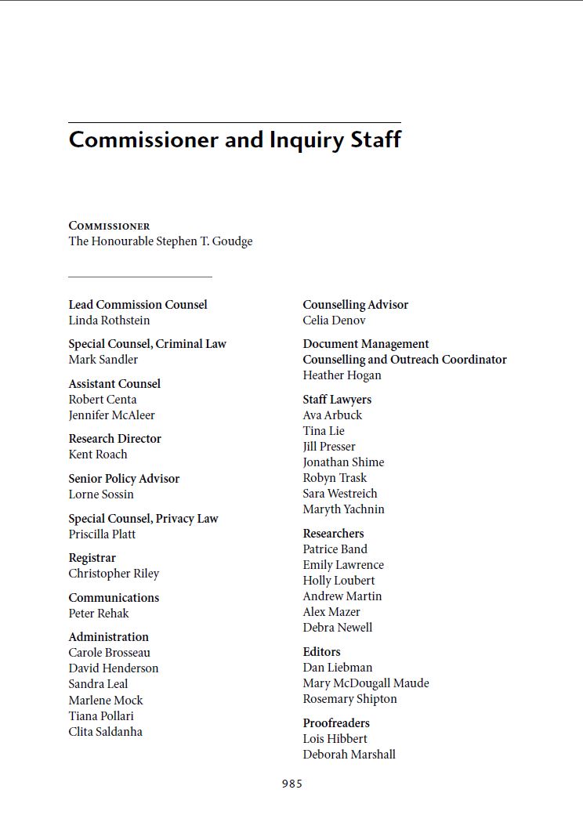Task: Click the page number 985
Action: pos(291,784)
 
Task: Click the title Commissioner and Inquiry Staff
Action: pos(234,139)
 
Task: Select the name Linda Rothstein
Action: pos(109,321)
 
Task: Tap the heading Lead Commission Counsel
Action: pos(138,305)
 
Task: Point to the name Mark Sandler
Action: pos(103,360)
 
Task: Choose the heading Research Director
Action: pos(114,439)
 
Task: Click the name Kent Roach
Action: pos(97,455)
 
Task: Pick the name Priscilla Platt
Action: pos(102,534)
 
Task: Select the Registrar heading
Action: pos(92,558)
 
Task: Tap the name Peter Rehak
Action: pos(98,614)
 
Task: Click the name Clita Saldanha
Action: pos(105,732)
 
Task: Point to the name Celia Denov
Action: pos(334,321)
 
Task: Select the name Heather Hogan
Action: pos(342,375)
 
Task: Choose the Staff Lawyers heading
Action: pos(337,400)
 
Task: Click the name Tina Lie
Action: pos(324,431)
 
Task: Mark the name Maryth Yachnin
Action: pos(343,509)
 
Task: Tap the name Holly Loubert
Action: pos(339,581)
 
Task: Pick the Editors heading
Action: pos(321,652)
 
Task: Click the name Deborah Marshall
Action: pos(349,755)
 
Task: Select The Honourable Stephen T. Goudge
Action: pos(160,241)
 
